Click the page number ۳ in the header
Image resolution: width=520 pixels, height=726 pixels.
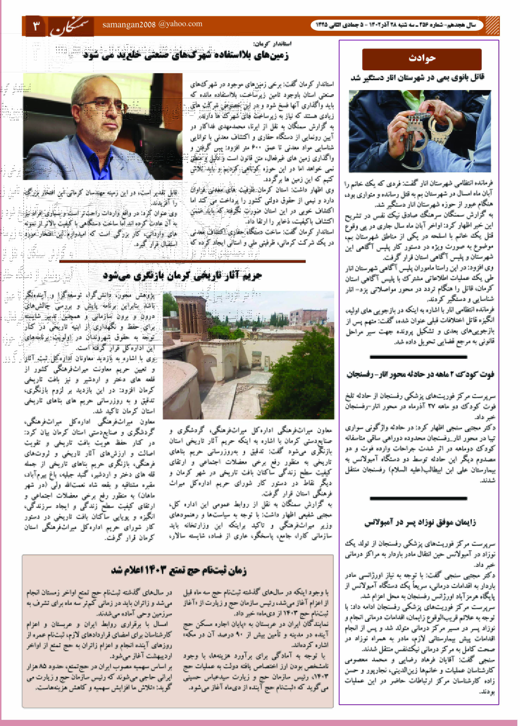coord(36,26)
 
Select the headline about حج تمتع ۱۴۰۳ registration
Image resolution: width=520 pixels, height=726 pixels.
coord(179,570)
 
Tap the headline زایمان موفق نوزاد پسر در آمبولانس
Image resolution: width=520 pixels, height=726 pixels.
coord(420,522)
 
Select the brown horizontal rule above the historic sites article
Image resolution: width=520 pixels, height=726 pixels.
coord(182,261)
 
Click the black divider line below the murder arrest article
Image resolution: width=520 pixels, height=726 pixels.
coord(418,357)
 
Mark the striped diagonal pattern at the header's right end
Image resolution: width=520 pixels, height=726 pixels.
coord(492,26)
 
